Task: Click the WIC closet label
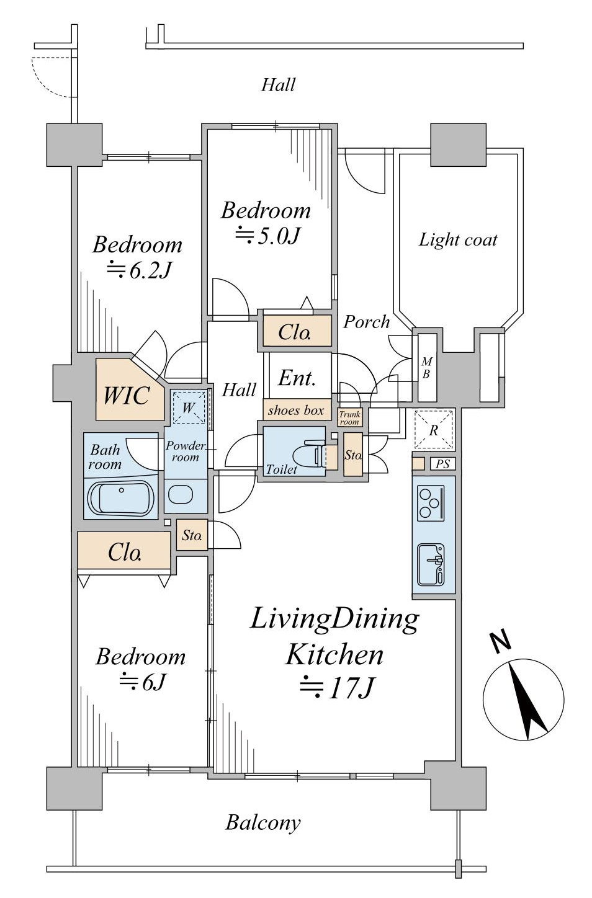click(x=127, y=396)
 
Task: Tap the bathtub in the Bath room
click(x=121, y=497)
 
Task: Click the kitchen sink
click(x=431, y=565)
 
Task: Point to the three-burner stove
click(x=431, y=504)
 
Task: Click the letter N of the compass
click(x=501, y=641)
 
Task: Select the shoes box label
click(x=296, y=410)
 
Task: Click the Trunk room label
click(x=349, y=418)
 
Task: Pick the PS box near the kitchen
click(x=443, y=464)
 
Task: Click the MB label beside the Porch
click(x=427, y=368)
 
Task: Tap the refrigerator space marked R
click(x=434, y=429)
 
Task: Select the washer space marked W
click(x=189, y=407)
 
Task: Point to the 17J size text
click(x=337, y=689)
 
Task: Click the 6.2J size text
click(x=139, y=270)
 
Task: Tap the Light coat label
click(x=458, y=240)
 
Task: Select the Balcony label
click(x=262, y=822)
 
